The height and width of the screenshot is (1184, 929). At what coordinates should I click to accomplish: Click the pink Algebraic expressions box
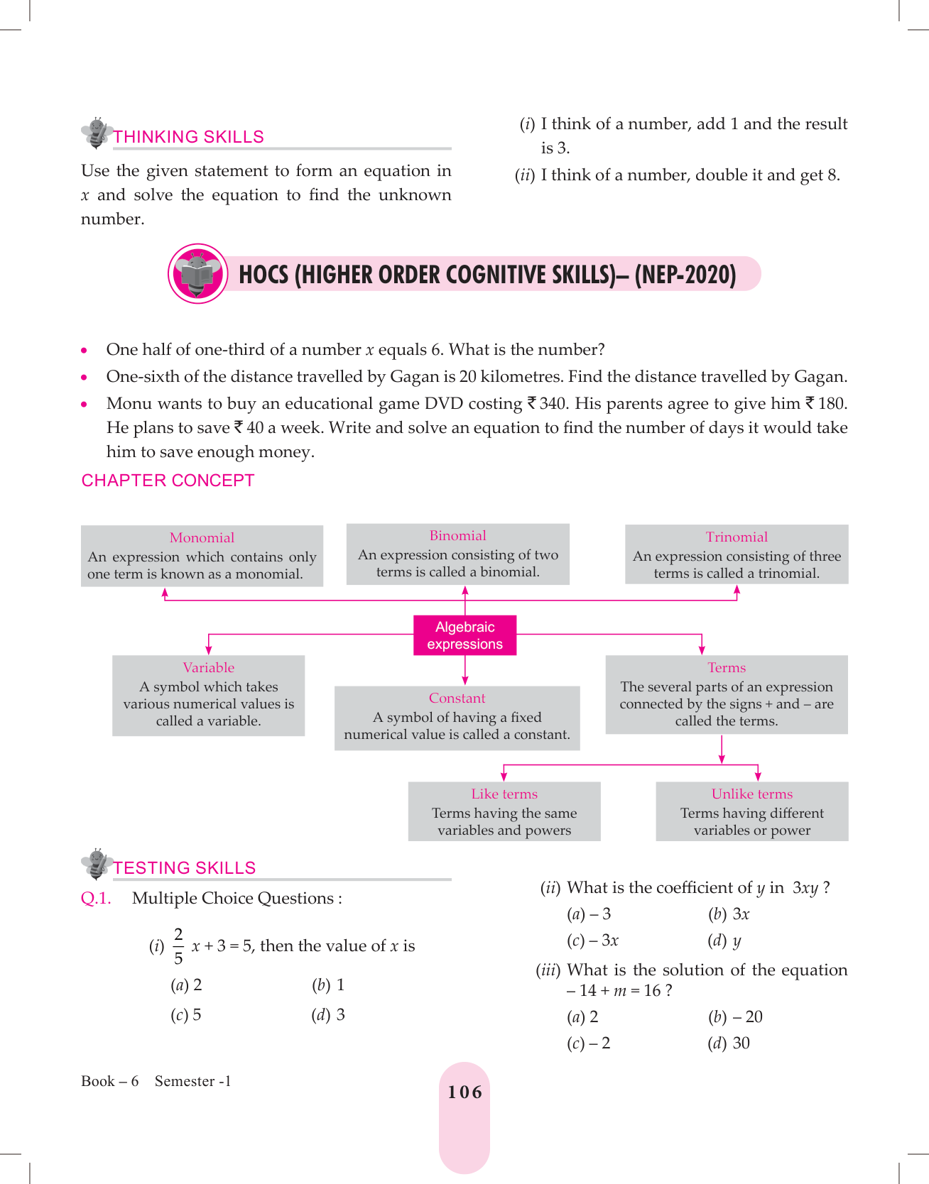tap(464, 635)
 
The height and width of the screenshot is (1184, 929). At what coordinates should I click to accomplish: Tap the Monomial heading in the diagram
tap(202, 537)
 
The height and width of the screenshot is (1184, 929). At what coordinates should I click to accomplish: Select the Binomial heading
tap(457, 535)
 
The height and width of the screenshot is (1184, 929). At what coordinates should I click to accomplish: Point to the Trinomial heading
tap(737, 537)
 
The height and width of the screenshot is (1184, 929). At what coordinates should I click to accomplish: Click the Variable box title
tap(208, 667)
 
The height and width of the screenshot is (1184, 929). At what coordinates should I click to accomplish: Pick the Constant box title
tap(457, 698)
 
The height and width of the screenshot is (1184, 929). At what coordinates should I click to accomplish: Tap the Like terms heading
tap(504, 794)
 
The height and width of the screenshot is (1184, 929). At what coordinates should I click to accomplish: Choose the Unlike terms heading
tap(751, 794)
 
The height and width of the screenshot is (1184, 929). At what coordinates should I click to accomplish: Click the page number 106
tap(464, 1092)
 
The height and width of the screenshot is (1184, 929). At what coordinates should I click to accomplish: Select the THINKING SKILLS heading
tap(189, 137)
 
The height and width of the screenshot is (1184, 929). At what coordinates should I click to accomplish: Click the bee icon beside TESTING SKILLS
tap(96, 863)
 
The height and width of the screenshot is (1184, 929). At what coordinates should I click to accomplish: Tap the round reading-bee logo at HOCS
tap(198, 274)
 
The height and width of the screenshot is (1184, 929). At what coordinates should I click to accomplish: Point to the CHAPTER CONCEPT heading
tap(168, 481)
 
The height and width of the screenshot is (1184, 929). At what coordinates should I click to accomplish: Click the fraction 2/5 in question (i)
tap(178, 945)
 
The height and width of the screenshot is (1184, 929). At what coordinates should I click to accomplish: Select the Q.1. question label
tap(96, 898)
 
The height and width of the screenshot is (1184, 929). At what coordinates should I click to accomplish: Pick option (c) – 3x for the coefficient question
tap(593, 941)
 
